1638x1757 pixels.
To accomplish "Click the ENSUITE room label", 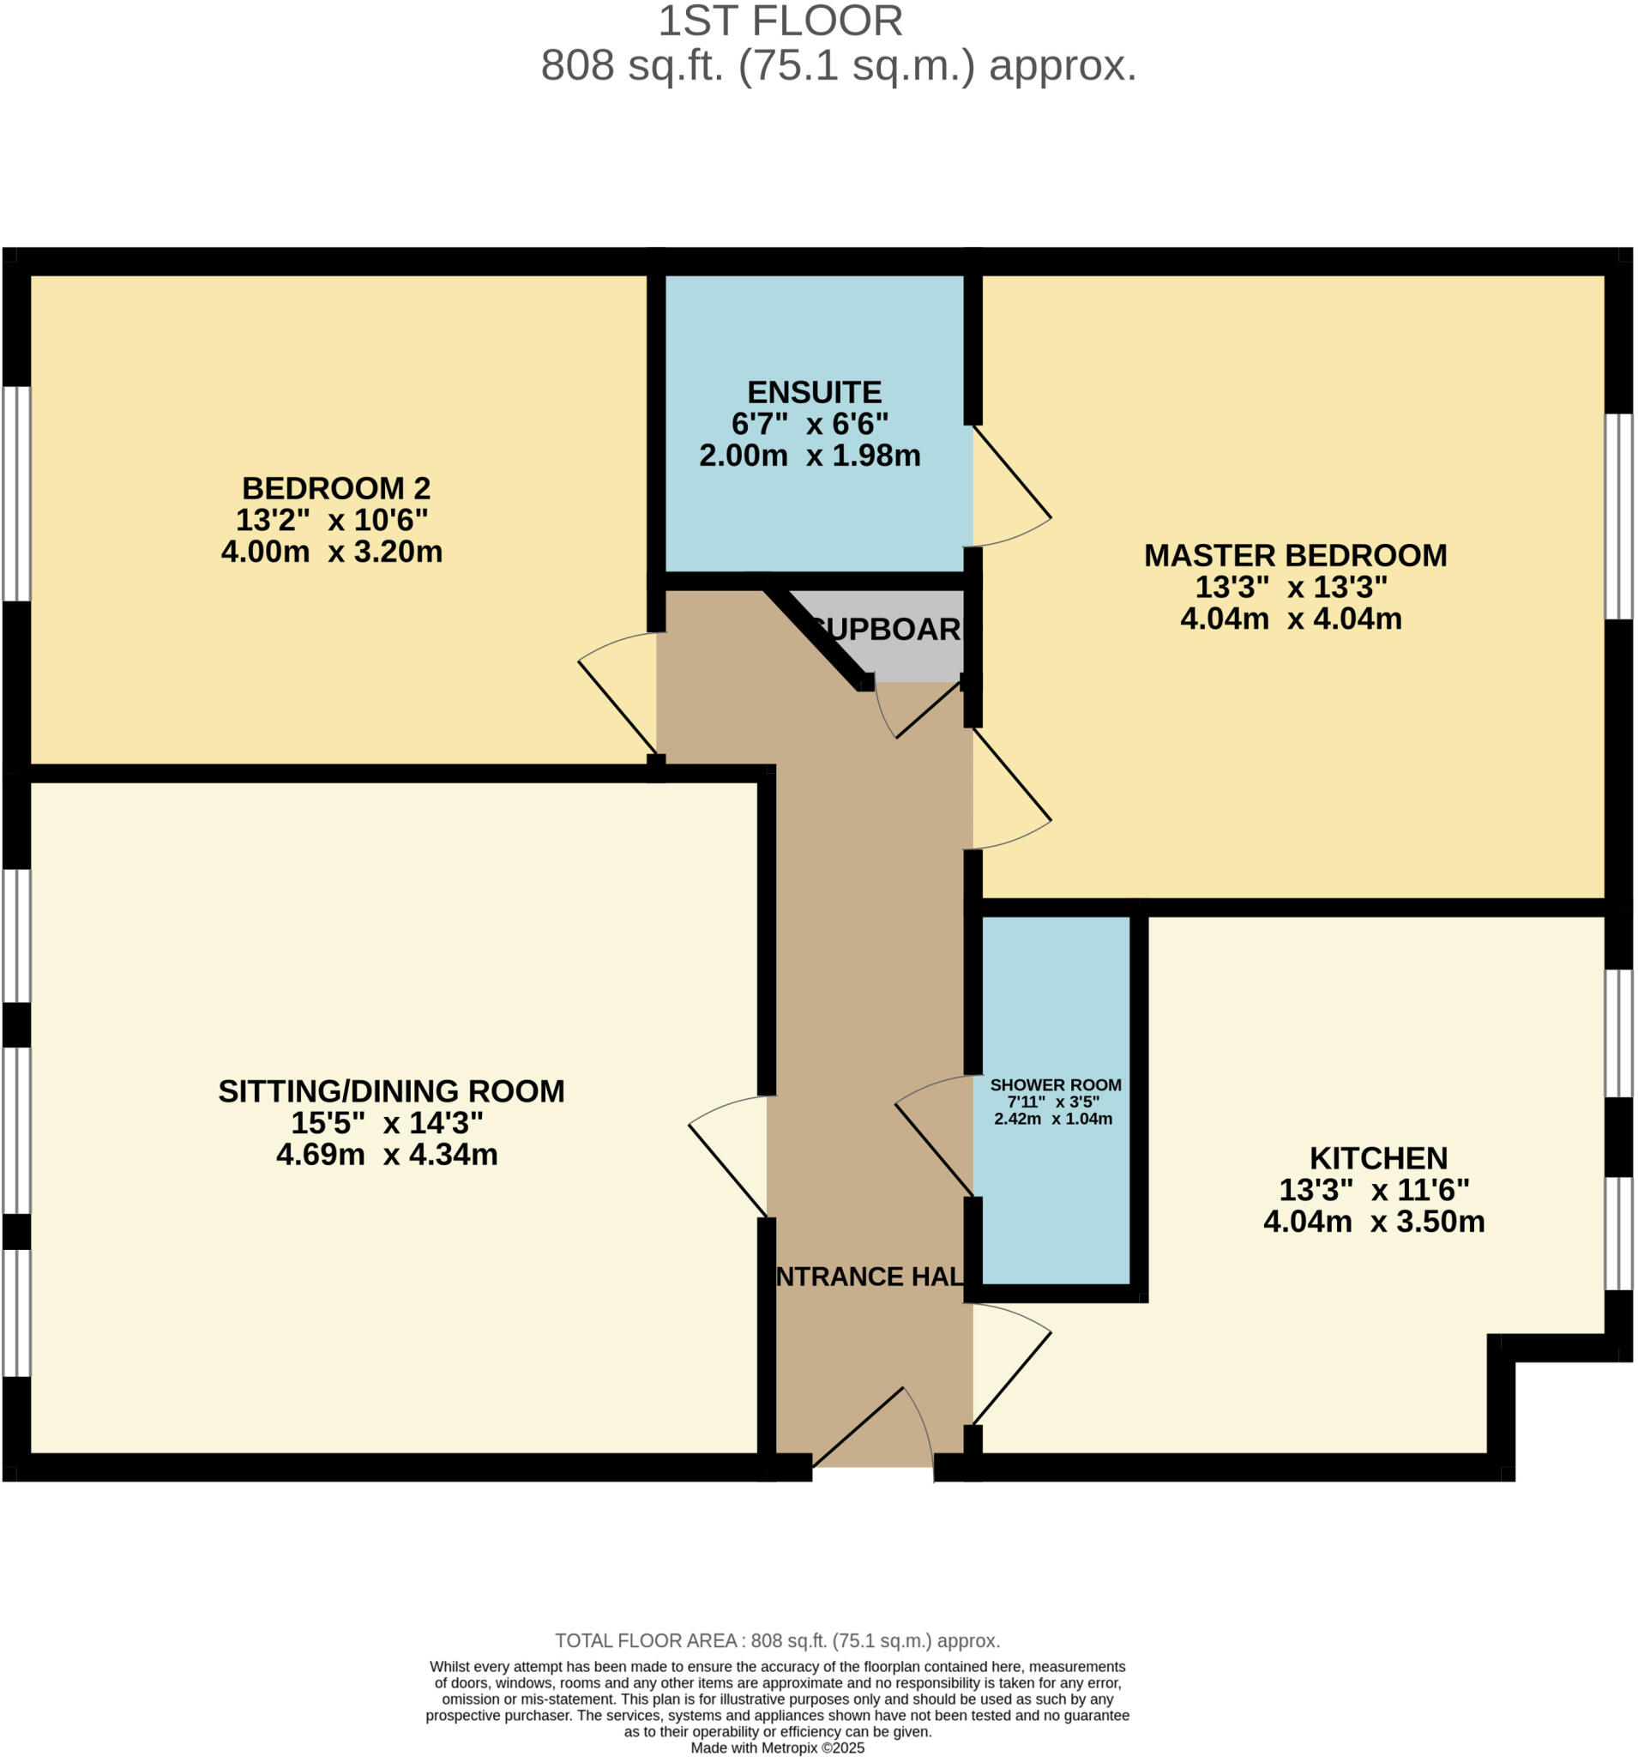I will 814,392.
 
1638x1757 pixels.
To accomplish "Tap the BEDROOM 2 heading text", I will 335,488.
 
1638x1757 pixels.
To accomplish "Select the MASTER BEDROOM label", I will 1295,555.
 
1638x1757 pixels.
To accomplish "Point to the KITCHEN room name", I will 1377,1158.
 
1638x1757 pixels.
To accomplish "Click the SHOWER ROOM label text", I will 1055,1085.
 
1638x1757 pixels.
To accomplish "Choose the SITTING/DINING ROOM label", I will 390,1091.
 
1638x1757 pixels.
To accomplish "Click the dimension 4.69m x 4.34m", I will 387,1154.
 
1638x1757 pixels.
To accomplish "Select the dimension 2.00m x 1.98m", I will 810,456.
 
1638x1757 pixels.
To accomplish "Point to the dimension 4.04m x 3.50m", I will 1373,1222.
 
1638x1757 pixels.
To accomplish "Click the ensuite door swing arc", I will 1012,495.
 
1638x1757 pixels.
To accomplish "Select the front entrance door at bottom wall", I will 875,1423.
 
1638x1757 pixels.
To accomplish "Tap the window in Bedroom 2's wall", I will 16,493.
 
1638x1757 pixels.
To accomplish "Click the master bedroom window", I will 1618,516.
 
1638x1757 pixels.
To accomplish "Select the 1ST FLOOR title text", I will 780,21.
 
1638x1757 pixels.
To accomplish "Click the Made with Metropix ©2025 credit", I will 777,1748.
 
